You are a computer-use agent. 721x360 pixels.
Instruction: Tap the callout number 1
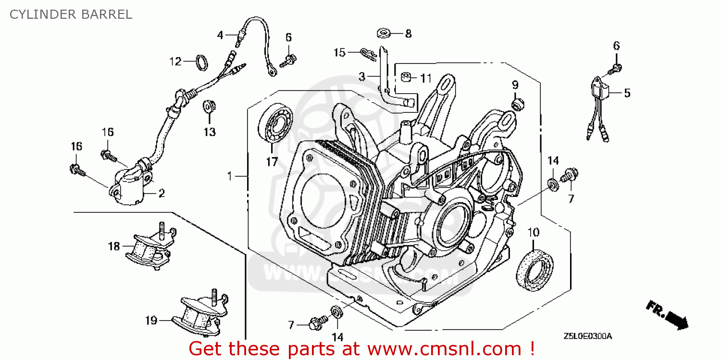pyautogui.click(x=230, y=177)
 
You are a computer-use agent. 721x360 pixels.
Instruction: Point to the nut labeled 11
pyautogui.click(x=406, y=77)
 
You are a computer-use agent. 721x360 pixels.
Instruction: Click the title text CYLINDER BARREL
pyautogui.click(x=71, y=14)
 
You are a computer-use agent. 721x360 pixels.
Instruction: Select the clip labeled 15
pyautogui.click(x=367, y=52)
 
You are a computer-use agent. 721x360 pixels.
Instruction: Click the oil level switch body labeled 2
pyautogui.click(x=130, y=191)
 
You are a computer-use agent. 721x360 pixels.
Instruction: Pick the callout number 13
pyautogui.click(x=210, y=132)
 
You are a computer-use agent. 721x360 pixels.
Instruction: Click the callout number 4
pyautogui.click(x=220, y=35)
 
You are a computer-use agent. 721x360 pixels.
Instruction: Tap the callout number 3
pyautogui.click(x=361, y=76)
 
